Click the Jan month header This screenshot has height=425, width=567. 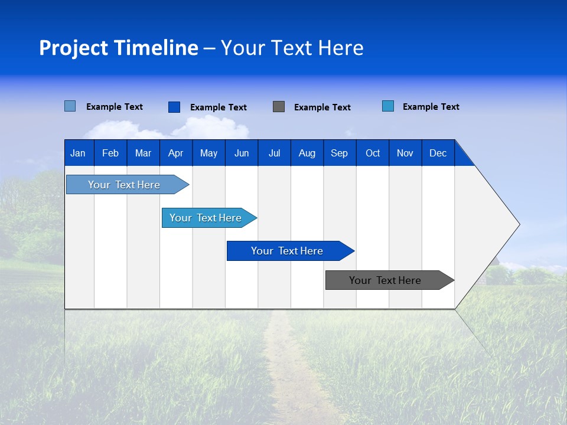pos(78,153)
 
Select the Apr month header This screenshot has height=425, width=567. pos(175,153)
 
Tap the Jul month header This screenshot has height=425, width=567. pos(274,153)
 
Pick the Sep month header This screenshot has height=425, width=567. pos(339,153)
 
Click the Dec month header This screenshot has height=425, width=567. pos(438,153)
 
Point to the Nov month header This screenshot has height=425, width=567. pos(405,153)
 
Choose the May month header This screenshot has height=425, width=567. pos(208,153)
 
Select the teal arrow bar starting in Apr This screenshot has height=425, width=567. pos(206,218)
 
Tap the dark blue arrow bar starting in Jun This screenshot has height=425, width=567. pos(288,251)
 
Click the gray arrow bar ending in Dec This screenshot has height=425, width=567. pos(386,280)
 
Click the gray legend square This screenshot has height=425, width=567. pos(279,107)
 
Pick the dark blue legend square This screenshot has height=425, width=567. pos(174,107)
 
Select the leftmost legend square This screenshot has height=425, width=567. pos(70,106)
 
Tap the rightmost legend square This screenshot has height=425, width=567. pos(388,106)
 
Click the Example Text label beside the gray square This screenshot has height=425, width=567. pos(322,107)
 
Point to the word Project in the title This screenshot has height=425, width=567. pos(73,48)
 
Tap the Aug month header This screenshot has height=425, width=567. pos(307,153)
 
